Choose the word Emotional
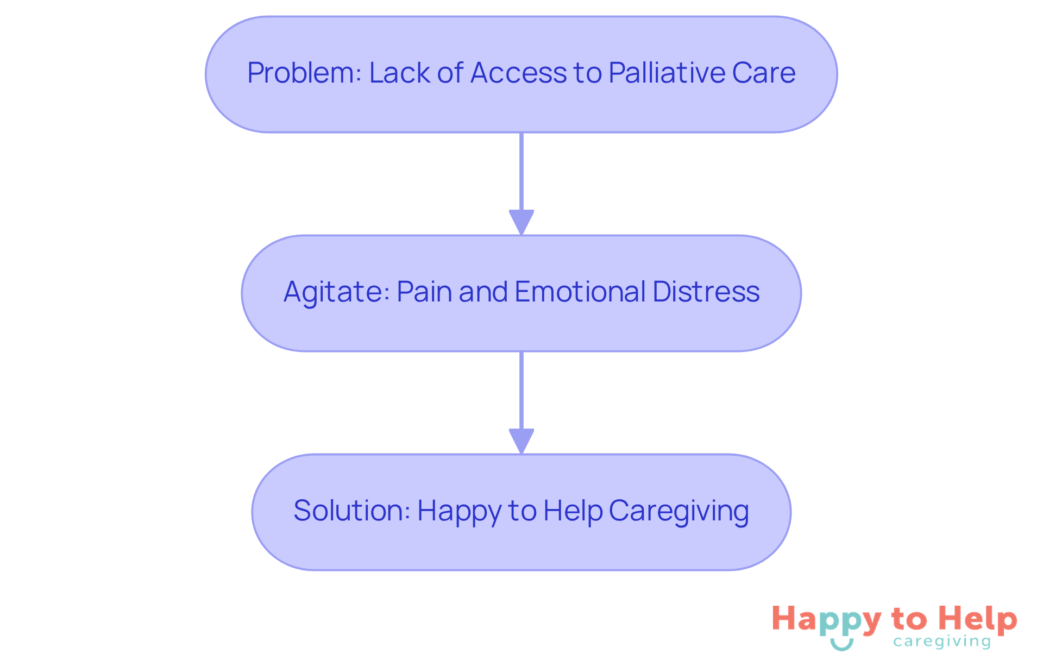point(580,292)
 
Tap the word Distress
point(706,292)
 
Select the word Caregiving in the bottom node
point(679,511)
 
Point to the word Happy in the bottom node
point(459,512)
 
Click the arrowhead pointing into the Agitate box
point(521,222)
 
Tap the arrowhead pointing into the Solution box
point(521,441)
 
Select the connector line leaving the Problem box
point(521,171)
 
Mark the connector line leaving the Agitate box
point(521,390)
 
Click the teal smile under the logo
point(842,644)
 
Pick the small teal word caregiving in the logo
point(942,642)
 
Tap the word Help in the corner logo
point(978,619)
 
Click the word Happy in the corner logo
point(826,620)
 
